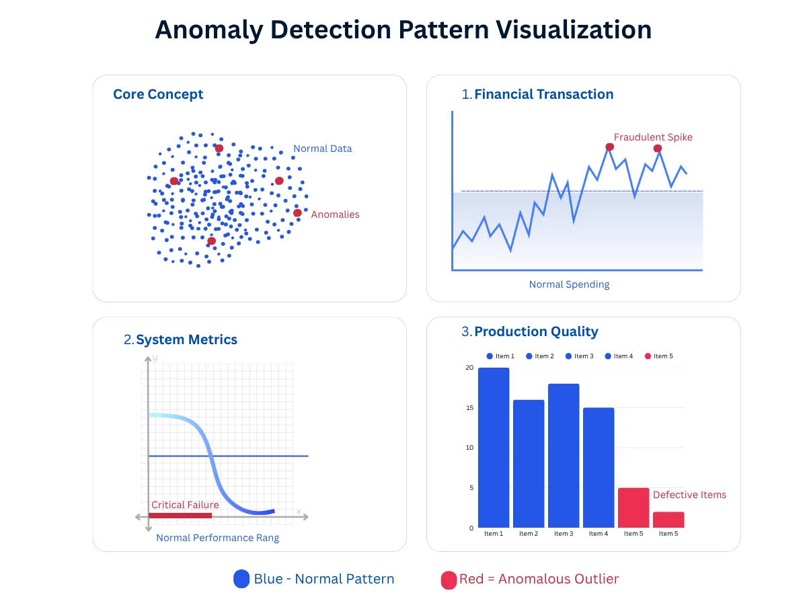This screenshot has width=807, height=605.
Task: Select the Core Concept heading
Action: pyautogui.click(x=158, y=95)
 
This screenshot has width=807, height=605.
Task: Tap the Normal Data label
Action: pyautogui.click(x=322, y=149)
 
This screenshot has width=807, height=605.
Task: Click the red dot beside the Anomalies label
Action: pyautogui.click(x=297, y=213)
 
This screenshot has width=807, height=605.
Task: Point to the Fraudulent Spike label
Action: pyautogui.click(x=652, y=137)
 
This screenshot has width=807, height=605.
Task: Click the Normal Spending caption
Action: pyautogui.click(x=569, y=284)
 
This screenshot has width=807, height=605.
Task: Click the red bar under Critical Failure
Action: pyautogui.click(x=180, y=516)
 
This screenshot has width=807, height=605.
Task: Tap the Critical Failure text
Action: pyautogui.click(x=185, y=505)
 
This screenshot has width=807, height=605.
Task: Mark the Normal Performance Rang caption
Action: pyautogui.click(x=217, y=538)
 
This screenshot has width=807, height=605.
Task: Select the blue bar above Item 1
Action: pyautogui.click(x=494, y=448)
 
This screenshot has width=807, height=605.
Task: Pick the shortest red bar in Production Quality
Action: pyautogui.click(x=668, y=520)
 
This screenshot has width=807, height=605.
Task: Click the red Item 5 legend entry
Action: pyautogui.click(x=659, y=356)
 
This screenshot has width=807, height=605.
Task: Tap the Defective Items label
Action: pyautogui.click(x=689, y=495)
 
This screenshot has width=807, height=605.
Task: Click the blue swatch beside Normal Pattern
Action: pyautogui.click(x=241, y=579)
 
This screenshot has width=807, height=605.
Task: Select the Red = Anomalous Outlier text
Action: pyautogui.click(x=539, y=579)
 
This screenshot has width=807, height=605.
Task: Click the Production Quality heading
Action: pyautogui.click(x=536, y=331)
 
